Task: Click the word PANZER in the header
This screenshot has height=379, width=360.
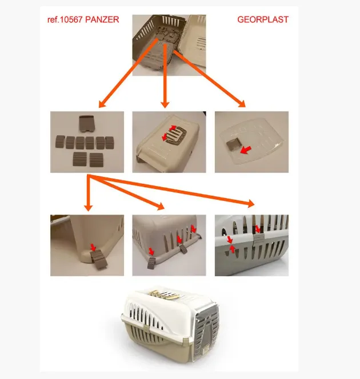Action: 102,19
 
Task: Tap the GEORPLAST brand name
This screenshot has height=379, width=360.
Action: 263,19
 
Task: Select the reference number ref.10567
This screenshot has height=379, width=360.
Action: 65,19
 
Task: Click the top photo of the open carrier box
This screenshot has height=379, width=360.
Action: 169,45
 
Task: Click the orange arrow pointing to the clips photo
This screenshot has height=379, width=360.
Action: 129,72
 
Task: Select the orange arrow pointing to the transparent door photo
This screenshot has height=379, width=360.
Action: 210,79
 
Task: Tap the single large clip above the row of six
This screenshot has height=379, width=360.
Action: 87,124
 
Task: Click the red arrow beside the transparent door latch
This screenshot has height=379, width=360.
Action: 246,150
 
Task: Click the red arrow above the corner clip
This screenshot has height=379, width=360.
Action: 93,248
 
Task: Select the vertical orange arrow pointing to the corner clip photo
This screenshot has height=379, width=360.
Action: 89,193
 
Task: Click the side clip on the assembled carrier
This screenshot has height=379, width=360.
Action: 146,329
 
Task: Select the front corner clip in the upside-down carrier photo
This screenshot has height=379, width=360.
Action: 151,263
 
